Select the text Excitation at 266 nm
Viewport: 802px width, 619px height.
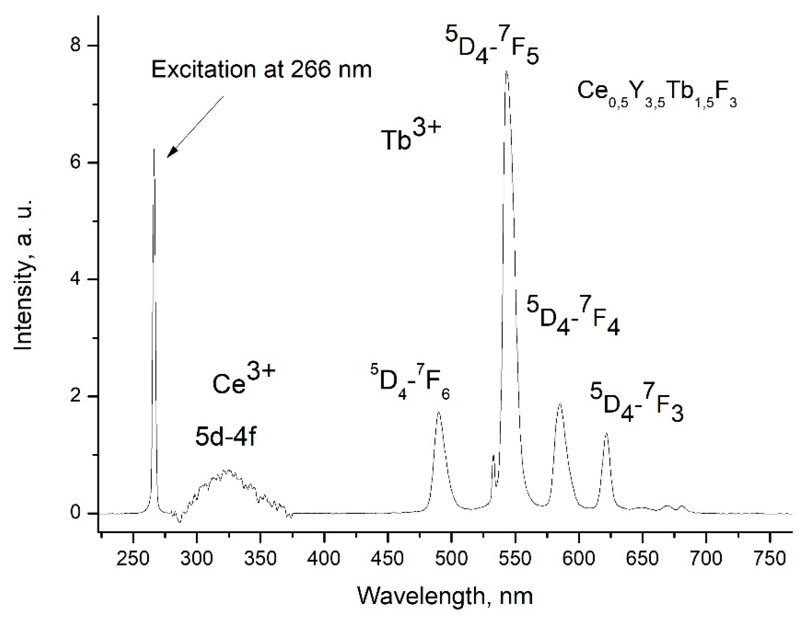click(x=261, y=69)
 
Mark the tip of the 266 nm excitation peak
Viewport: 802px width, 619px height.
click(x=154, y=150)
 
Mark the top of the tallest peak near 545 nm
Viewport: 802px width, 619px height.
click(x=506, y=72)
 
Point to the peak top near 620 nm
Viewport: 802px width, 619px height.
click(x=606, y=434)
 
